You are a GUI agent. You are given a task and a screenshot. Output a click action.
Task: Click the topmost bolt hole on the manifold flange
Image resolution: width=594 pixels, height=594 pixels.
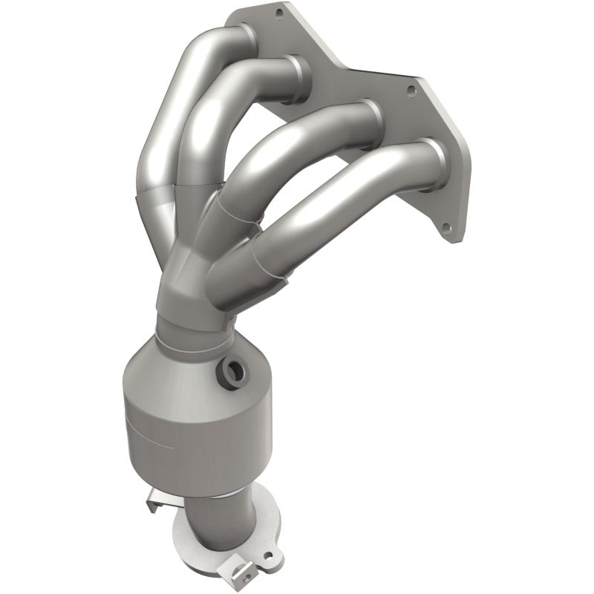click(279, 13)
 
